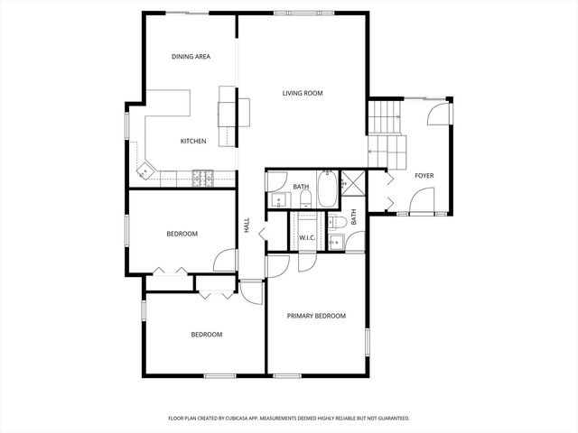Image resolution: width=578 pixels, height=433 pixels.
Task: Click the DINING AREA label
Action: click(191, 57)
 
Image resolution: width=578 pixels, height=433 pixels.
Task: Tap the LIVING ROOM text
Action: click(302, 93)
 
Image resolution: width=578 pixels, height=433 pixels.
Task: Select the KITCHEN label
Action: click(193, 141)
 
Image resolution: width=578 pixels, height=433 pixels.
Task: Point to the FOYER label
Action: click(424, 175)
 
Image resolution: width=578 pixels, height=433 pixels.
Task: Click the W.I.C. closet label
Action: click(306, 237)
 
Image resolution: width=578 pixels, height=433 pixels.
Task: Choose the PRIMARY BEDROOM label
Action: click(316, 316)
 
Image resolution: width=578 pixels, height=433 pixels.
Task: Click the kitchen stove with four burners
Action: click(202, 178)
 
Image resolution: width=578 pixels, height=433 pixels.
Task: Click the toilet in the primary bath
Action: click(339, 223)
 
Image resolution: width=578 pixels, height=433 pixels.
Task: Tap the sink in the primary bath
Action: click(336, 242)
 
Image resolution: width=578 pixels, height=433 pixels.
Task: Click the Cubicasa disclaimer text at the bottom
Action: click(289, 418)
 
